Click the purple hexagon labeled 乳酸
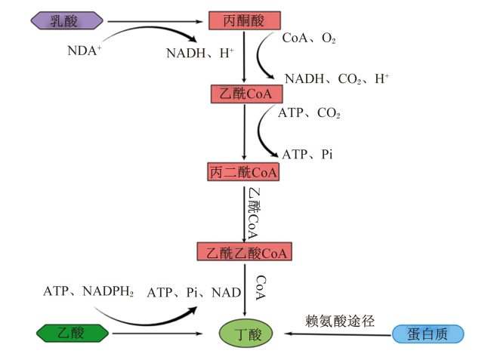coord(66,20)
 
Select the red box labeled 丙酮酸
coord(245,20)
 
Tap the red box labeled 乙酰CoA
coord(247,94)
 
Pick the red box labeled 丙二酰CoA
coord(243,172)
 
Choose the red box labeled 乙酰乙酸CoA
coord(244,251)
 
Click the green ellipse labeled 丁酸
coord(246,334)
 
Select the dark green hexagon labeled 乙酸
coord(73,333)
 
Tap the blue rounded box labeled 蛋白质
coord(428,334)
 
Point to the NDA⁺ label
coord(85,51)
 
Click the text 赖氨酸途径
coord(340,321)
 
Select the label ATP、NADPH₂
coord(88,291)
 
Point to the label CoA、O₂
coord(309,38)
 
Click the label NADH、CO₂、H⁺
coord(337,78)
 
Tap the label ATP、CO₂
coord(309,112)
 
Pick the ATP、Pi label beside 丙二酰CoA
coord(307,154)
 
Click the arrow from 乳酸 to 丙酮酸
coord(156,22)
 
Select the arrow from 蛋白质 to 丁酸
coord(338,334)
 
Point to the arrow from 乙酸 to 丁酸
coord(158,334)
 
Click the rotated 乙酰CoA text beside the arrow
coord(253,214)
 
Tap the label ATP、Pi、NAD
coord(194,293)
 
